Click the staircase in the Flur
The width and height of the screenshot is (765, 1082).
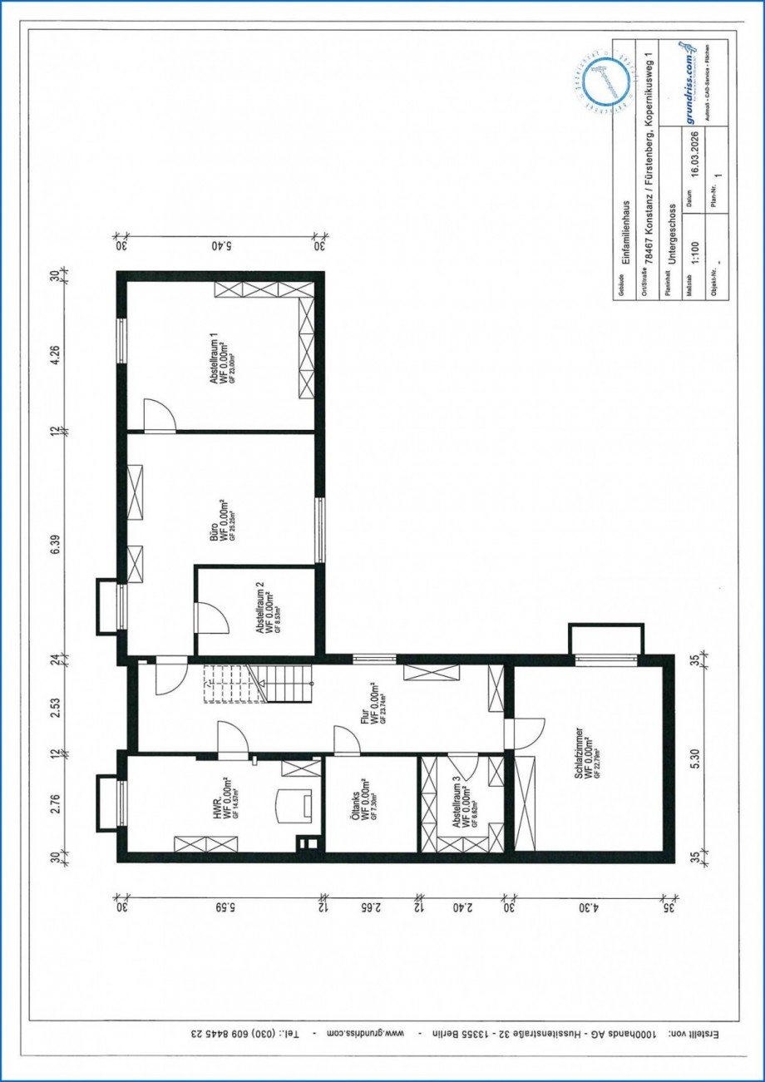234,682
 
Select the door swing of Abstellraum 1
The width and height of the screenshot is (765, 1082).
159,415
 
